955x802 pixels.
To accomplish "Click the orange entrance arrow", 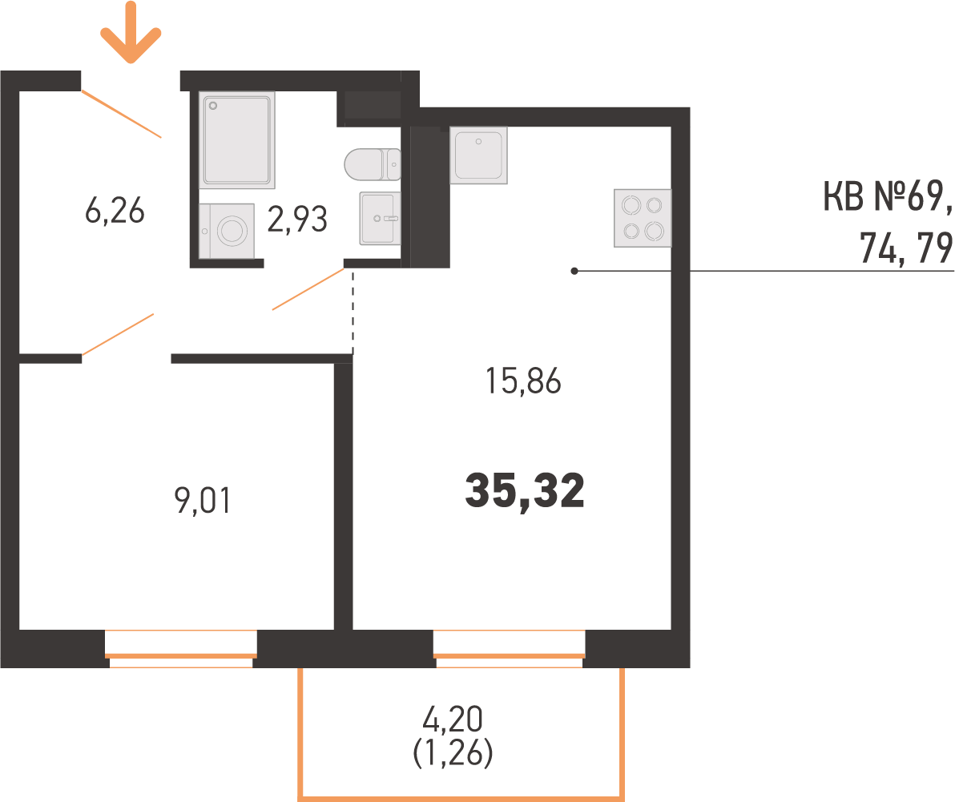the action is (x=131, y=32).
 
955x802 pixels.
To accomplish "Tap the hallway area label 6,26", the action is (x=115, y=211).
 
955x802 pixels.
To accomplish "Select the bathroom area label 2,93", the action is (x=297, y=220).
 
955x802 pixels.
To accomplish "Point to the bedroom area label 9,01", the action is (x=202, y=501).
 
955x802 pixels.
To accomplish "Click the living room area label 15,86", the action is (x=523, y=381).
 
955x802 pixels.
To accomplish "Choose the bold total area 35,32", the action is (x=525, y=491).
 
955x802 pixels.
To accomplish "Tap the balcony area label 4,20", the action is (x=453, y=719).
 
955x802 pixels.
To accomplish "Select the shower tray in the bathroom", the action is (x=237, y=139).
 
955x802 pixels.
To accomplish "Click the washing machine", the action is (x=227, y=231).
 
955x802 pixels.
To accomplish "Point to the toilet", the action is (x=372, y=164).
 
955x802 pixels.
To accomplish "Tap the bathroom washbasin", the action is (x=380, y=218).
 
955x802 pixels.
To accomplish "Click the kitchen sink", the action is (x=479, y=155).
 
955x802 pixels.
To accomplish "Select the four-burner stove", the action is (x=643, y=218).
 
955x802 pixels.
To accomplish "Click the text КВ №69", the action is (x=888, y=196).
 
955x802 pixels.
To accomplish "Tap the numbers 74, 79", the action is (x=906, y=248).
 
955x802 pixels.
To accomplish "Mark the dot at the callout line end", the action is (x=574, y=271).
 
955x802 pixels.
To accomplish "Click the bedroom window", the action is (x=181, y=649).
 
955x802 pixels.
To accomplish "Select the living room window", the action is (x=510, y=649).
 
